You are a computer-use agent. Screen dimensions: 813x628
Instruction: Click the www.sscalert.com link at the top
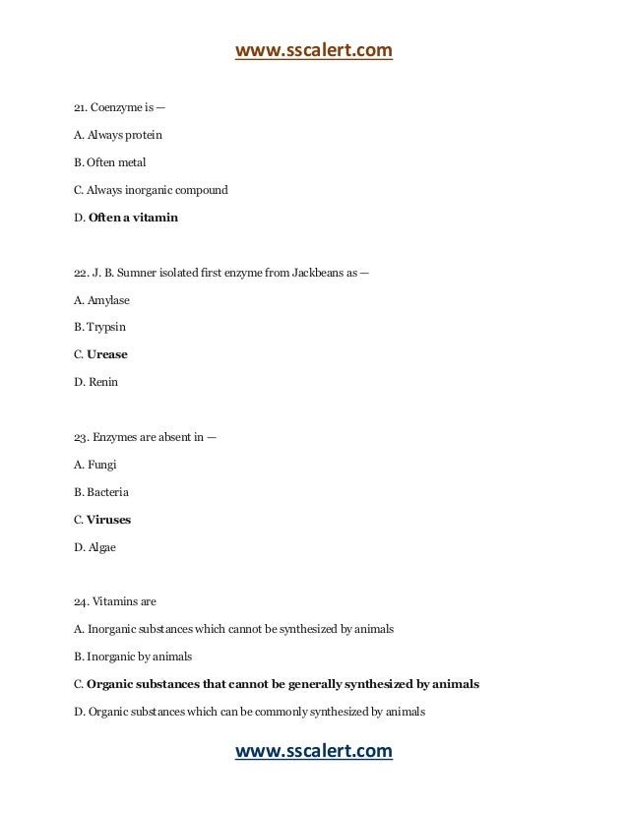[313, 50]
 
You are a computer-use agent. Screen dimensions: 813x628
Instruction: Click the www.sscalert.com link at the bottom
[313, 753]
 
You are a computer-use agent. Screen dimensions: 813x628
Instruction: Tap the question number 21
[81, 106]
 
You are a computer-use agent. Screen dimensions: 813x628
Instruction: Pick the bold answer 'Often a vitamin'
[133, 217]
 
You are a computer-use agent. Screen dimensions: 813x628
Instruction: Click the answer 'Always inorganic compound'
[157, 189]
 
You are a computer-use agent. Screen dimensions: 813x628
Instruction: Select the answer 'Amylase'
[108, 299]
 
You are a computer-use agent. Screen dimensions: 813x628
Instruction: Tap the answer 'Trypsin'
[106, 327]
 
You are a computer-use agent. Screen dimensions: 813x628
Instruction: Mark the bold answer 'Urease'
[107, 354]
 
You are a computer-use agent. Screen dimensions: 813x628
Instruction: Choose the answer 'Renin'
[103, 382]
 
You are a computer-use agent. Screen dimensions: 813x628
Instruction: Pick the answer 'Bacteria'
[107, 492]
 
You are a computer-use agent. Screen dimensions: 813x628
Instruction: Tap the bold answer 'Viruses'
[108, 520]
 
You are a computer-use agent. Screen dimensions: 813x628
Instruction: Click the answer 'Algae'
[101, 547]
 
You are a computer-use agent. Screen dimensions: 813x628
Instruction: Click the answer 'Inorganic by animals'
[139, 657]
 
